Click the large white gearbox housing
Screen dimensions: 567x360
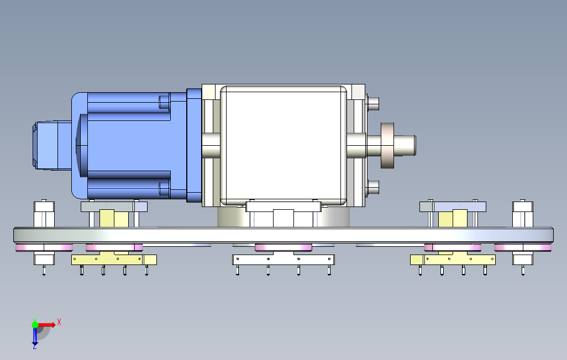[x=283, y=145]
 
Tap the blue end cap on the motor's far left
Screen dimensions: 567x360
[x=52, y=145]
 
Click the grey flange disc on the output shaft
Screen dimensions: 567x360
[x=387, y=145]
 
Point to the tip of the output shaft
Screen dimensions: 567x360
[x=415, y=145]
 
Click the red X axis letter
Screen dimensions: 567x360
[x=59, y=322]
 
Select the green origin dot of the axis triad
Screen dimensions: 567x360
[x=35, y=325]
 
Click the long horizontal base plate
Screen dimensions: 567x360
[x=283, y=235]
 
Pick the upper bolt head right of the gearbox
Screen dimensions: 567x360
[x=373, y=104]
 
